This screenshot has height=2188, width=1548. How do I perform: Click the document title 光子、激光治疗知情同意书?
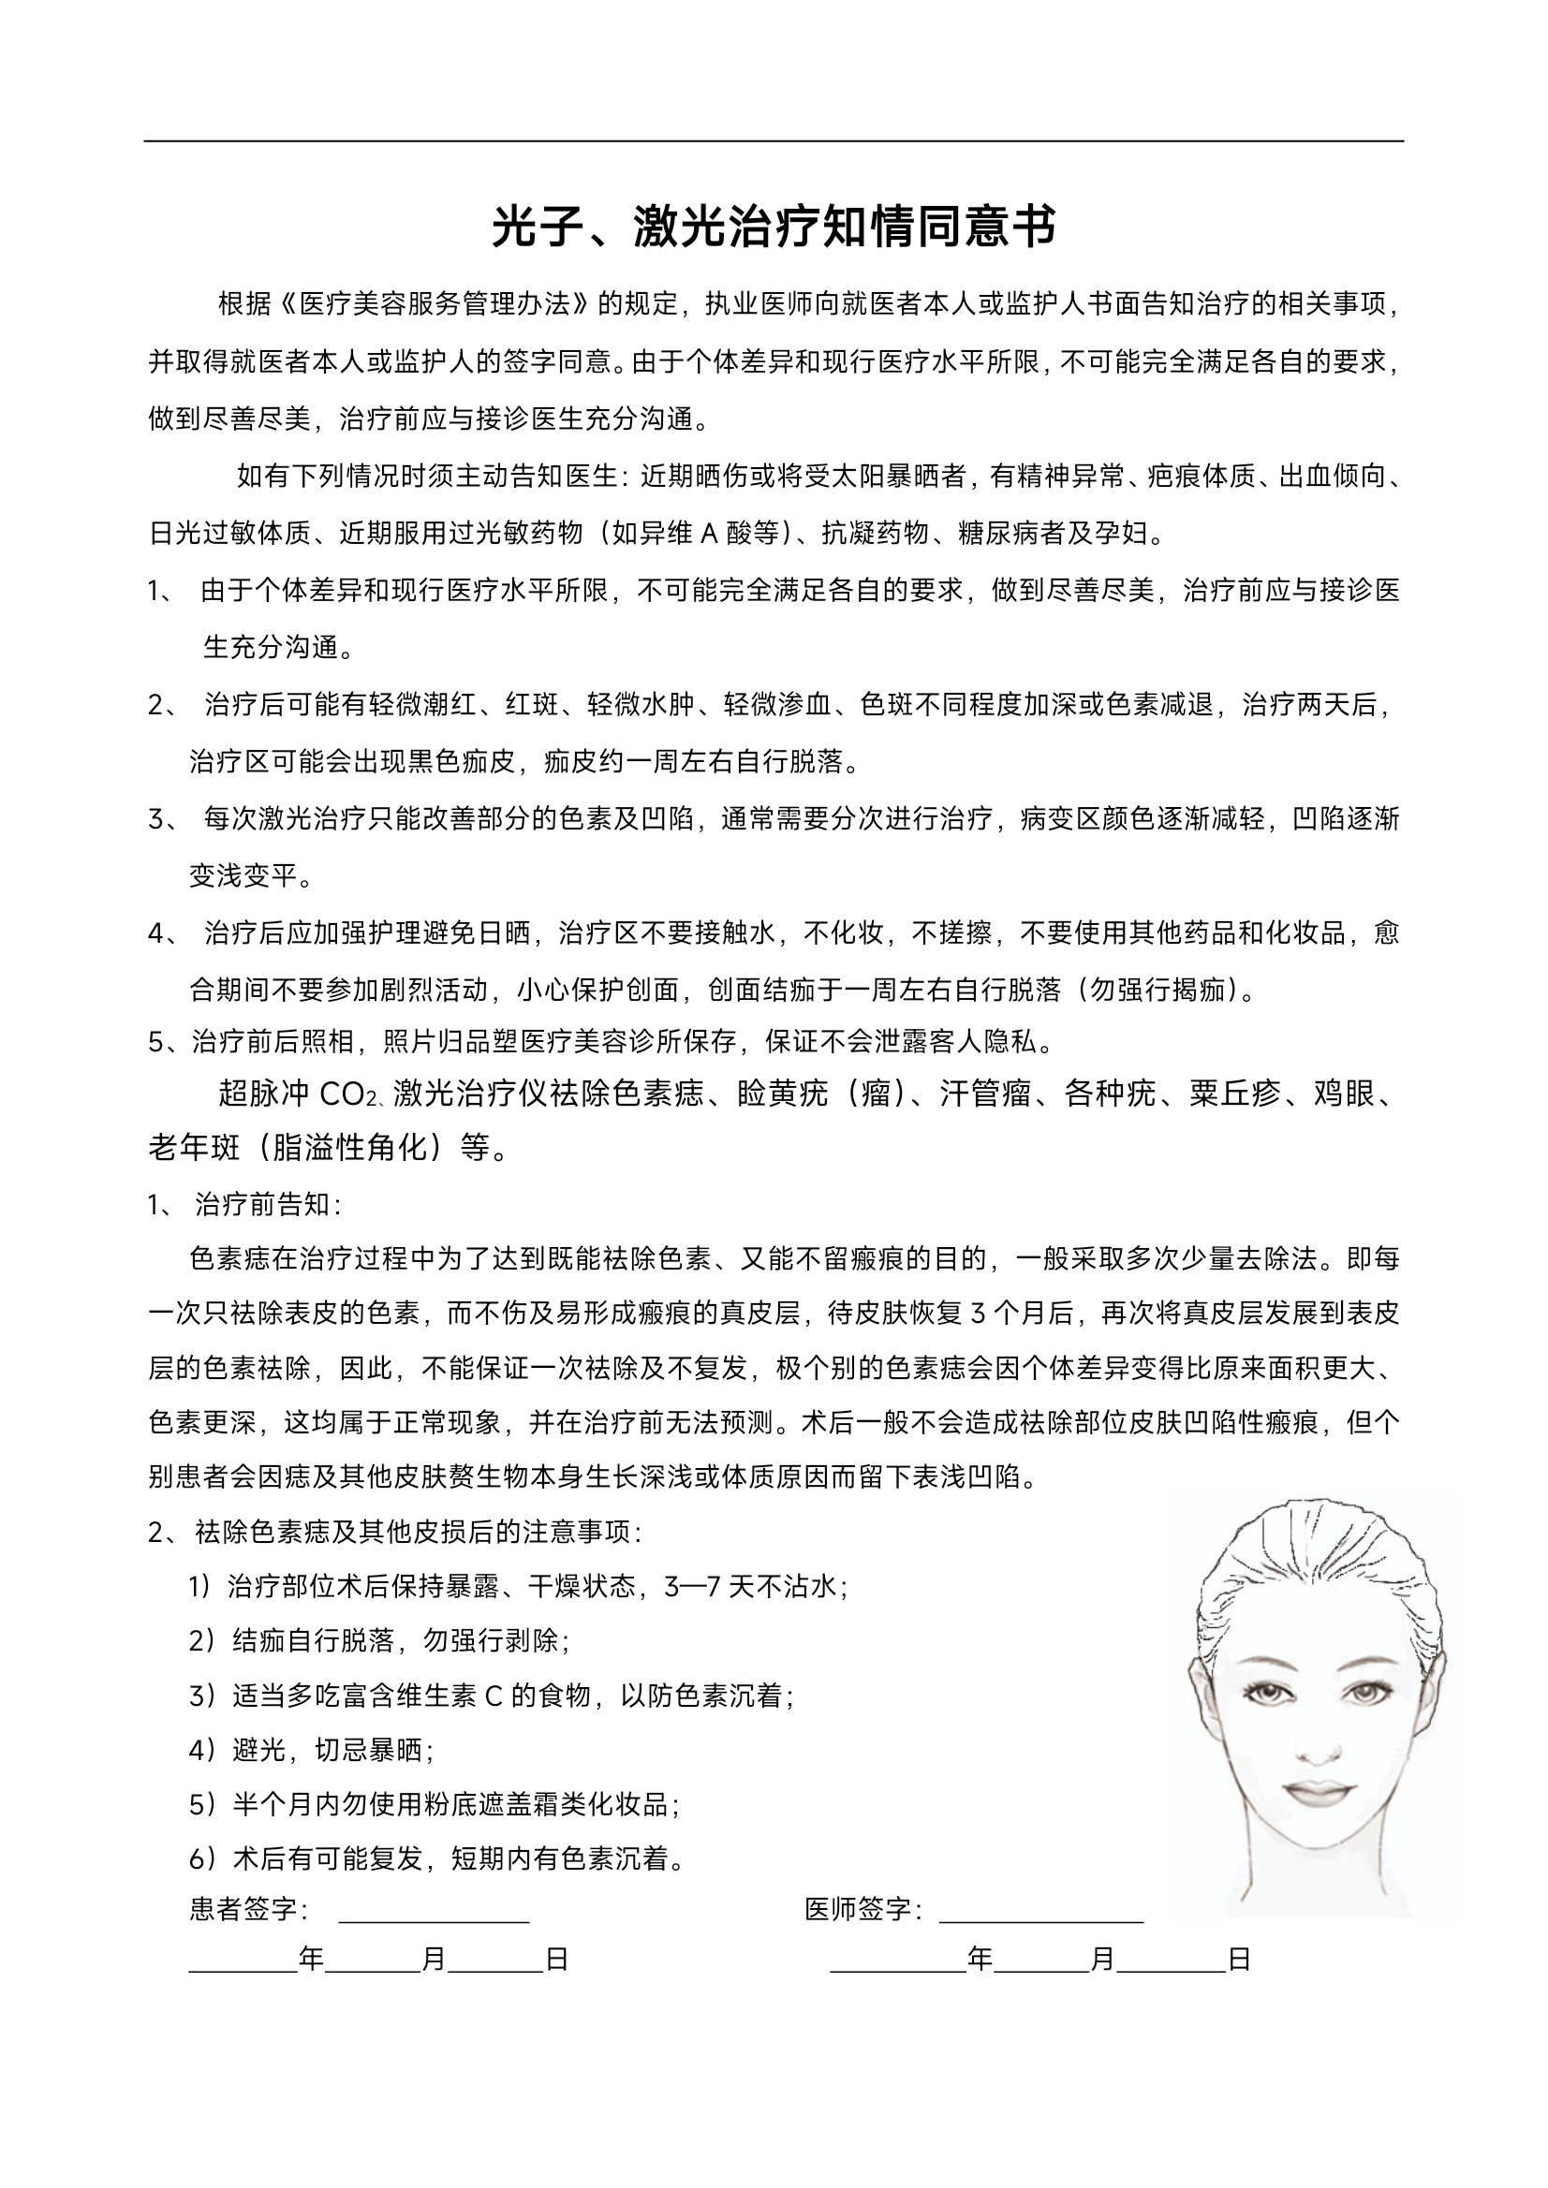(773, 227)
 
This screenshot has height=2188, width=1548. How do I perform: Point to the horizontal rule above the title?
(773, 141)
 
